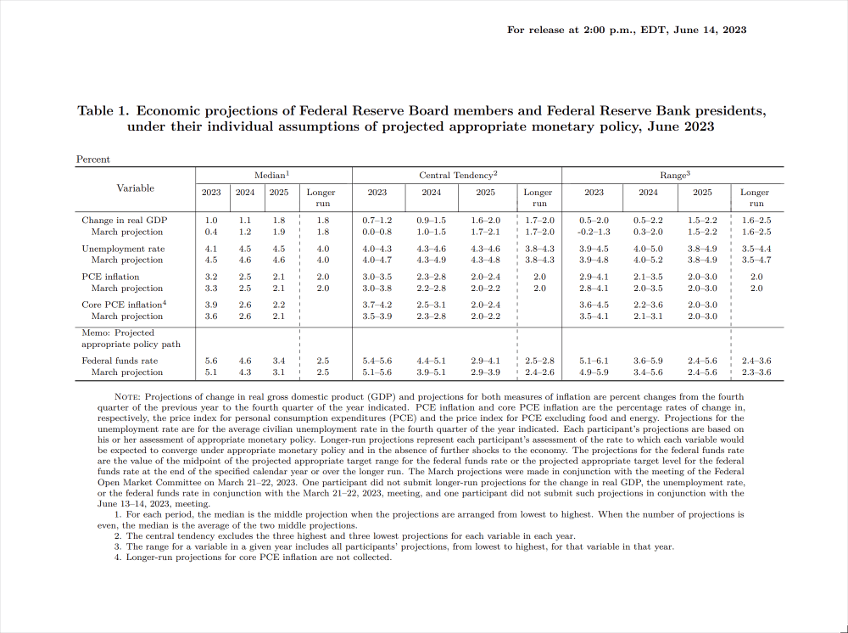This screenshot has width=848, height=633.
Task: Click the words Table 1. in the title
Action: tap(103, 110)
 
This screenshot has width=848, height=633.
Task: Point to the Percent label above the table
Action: tap(93, 159)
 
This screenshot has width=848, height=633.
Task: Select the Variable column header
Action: tap(136, 188)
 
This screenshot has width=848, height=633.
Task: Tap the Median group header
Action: tap(271, 175)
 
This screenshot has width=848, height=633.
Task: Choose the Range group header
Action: tap(675, 175)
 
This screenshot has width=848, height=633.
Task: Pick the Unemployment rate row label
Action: tap(123, 249)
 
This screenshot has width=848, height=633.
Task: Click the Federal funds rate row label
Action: tap(120, 361)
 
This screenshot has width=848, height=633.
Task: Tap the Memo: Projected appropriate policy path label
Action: tap(119, 339)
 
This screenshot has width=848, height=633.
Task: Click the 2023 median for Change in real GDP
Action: tap(211, 221)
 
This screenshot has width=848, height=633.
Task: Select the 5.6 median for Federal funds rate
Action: tap(211, 361)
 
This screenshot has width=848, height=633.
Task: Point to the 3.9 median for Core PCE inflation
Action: tap(211, 305)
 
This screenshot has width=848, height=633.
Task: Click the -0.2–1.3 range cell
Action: tap(594, 232)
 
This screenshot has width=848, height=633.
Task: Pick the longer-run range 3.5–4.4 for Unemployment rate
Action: tap(756, 249)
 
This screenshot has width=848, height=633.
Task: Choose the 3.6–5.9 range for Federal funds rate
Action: tap(648, 361)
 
